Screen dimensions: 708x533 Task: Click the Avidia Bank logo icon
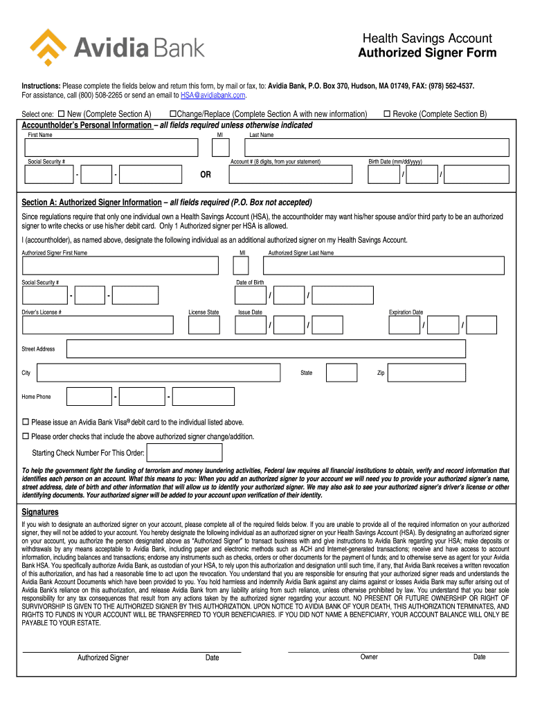48,47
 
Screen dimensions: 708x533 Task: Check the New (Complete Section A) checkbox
61,113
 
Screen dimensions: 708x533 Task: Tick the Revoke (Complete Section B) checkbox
388,113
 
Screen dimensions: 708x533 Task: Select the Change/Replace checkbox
173,113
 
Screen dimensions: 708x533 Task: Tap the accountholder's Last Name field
378,148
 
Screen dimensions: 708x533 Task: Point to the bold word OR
206,175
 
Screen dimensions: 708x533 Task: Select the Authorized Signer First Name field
120,265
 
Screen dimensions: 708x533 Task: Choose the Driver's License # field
98,325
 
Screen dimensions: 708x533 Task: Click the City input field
159,373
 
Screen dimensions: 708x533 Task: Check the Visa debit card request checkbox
26,422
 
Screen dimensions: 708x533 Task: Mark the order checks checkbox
26,436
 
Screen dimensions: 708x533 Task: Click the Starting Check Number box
186,453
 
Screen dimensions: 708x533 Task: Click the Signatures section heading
40,512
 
